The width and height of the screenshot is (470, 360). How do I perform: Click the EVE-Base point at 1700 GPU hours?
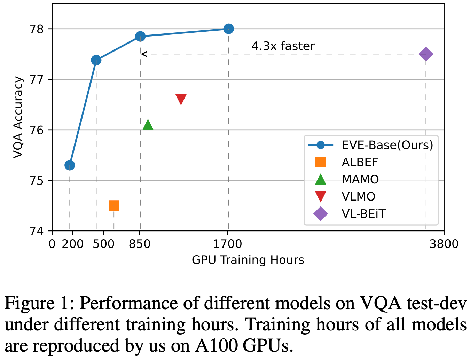228,29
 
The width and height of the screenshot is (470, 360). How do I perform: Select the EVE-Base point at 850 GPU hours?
140,36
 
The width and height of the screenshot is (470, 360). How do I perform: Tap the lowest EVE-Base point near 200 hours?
70,165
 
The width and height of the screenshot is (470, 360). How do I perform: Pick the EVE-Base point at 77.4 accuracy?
96,60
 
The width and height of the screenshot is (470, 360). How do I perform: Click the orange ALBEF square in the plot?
114,206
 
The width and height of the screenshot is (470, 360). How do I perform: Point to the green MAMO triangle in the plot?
148,125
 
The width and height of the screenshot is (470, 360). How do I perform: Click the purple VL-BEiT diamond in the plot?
426,54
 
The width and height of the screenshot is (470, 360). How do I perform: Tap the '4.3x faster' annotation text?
283,46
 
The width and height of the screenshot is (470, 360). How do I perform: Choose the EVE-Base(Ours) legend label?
387,145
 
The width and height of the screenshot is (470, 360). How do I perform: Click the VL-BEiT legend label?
363,213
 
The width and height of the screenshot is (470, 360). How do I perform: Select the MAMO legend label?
360,179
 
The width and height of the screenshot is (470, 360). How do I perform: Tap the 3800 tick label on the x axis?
444,244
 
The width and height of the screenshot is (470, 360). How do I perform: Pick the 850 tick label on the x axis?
139,244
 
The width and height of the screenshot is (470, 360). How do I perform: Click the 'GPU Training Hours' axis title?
248,260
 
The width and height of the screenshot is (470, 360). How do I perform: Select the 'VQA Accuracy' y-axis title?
18,118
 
